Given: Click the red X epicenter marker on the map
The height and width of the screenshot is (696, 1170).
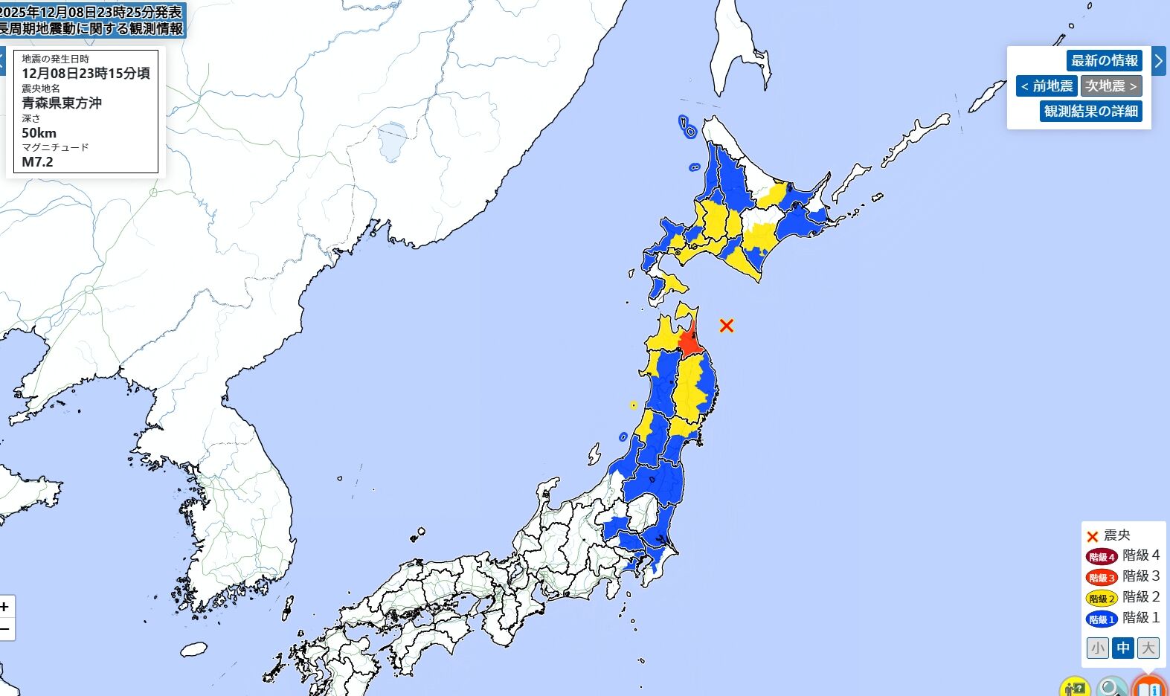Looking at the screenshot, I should [x=727, y=325].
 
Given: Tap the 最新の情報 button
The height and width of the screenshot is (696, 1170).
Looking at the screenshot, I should [x=1105, y=60].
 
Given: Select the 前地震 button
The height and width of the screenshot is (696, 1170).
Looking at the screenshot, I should [x=1047, y=86].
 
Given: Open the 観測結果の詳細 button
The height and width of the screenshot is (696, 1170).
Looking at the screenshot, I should [x=1090, y=111].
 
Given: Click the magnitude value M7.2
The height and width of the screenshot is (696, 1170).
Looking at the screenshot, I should [x=37, y=161].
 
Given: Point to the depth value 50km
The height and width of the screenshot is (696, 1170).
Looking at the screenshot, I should [x=39, y=132].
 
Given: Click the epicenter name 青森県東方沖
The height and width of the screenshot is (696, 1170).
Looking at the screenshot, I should [x=62, y=103].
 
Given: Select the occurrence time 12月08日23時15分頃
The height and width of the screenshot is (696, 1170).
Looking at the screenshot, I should [x=86, y=73].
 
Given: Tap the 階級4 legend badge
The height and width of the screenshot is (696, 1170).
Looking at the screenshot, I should [x=1102, y=556].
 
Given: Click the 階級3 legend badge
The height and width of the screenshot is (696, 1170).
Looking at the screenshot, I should [x=1102, y=577].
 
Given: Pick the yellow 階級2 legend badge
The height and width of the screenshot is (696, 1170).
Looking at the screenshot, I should [x=1102, y=598].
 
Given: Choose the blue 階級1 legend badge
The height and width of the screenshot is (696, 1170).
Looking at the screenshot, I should [x=1102, y=619].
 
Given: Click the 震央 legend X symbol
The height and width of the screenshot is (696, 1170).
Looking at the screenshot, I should [x=1092, y=536].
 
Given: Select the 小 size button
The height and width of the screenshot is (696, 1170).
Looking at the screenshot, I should [x=1097, y=648].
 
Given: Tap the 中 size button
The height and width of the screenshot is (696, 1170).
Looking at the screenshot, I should [x=1122, y=648].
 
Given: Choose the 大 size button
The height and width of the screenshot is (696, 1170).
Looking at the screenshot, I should [x=1148, y=648].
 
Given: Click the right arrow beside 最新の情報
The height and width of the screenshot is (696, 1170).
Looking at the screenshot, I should [x=1159, y=61].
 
